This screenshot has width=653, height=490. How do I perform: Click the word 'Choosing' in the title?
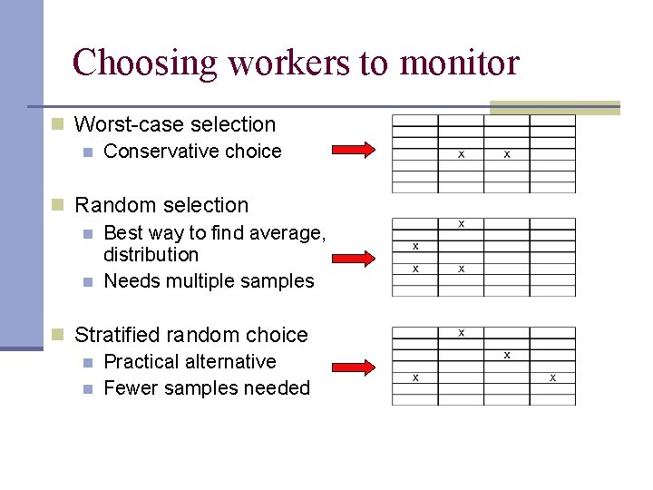point(145,64)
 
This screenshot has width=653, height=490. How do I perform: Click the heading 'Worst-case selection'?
point(174,124)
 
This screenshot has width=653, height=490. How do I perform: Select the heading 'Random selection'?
point(161,205)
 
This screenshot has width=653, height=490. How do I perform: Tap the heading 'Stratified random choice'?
point(190,335)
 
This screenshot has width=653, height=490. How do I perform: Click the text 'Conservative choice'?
point(192,152)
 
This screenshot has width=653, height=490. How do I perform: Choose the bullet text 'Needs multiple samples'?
point(209,281)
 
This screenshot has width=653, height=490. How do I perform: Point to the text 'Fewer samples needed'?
point(207,388)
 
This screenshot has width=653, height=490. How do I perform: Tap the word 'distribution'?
point(151,255)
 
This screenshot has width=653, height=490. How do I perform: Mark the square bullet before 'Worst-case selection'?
point(57,124)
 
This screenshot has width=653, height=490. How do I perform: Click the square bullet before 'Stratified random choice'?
point(57,335)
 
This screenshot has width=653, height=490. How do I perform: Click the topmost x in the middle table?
point(461,223)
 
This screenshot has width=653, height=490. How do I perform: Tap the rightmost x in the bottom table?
point(552,377)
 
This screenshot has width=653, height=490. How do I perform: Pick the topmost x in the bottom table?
point(461,332)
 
